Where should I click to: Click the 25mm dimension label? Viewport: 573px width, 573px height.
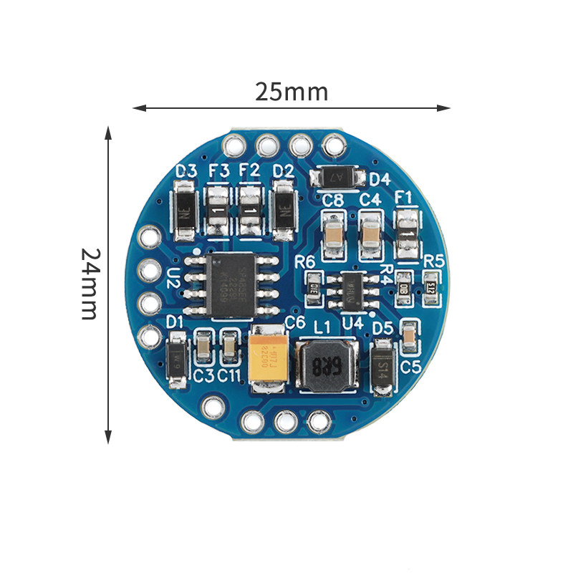(x=292, y=92)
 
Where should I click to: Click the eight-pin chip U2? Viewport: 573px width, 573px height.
(x=230, y=284)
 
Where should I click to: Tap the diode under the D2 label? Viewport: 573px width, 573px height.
(x=284, y=211)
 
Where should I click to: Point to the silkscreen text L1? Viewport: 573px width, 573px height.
(x=322, y=327)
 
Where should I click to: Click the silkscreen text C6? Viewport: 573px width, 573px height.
(x=295, y=322)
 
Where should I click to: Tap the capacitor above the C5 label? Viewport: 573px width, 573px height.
(x=410, y=337)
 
